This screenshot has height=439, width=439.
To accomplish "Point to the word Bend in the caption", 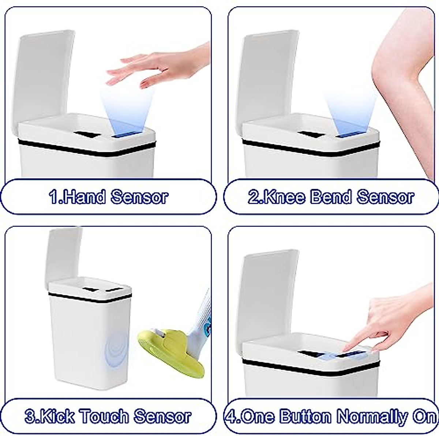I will (331, 197).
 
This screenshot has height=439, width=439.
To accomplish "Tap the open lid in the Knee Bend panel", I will (269, 77).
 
